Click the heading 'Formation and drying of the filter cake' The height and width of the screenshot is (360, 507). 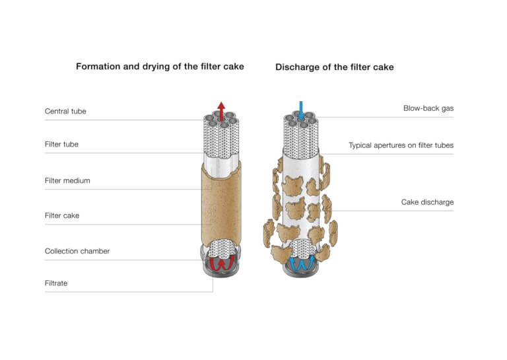click(x=160, y=67)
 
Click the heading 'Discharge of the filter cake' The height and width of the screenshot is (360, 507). click(x=335, y=67)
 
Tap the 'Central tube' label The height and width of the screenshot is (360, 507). click(x=65, y=111)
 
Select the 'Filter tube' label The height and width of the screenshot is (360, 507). click(x=61, y=144)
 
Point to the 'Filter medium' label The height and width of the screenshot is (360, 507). click(x=67, y=180)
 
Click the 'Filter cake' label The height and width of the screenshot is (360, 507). click(x=62, y=215)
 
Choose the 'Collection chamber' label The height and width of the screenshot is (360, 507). click(x=77, y=251)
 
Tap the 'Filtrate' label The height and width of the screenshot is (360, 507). click(x=56, y=283)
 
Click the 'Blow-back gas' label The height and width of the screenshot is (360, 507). click(x=428, y=108)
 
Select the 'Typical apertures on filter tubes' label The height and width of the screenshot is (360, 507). click(x=401, y=145)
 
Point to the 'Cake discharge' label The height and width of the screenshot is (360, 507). click(x=427, y=202)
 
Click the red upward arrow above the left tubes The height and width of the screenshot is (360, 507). click(x=221, y=109)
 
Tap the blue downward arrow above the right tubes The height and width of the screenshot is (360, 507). click(x=301, y=109)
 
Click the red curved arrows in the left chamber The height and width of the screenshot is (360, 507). click(x=221, y=264)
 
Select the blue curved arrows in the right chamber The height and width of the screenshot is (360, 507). click(x=301, y=264)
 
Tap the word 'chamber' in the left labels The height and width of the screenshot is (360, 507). click(x=94, y=251)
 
